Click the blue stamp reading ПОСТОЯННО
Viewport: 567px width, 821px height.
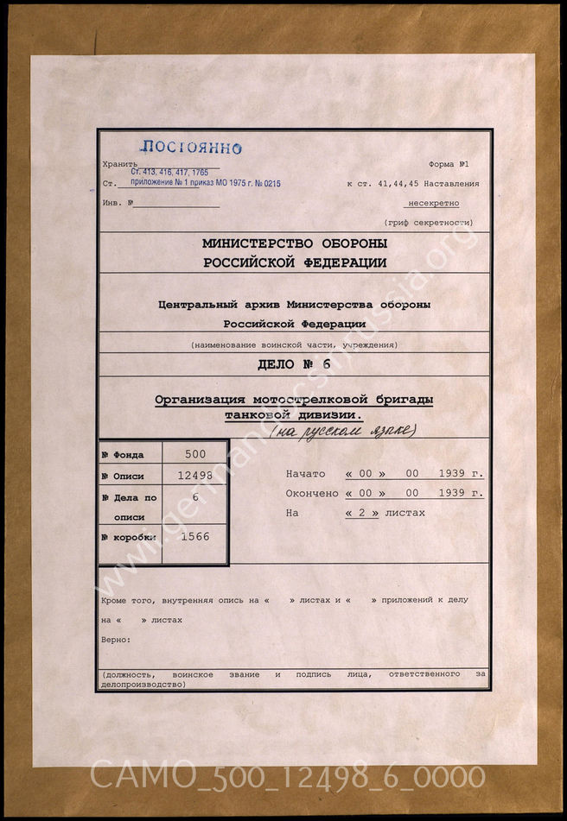(179, 148)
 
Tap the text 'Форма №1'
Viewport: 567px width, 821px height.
(448, 164)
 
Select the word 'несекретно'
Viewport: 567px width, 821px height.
(431, 203)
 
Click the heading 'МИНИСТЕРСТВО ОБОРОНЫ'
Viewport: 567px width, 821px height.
(294, 244)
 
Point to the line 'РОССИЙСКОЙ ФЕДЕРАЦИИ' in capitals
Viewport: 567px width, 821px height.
(294, 263)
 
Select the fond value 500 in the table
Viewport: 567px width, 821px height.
(195, 454)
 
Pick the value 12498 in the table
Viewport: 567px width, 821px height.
(195, 476)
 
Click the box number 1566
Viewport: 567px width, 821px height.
(195, 536)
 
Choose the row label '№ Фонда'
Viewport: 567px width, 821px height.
(123, 455)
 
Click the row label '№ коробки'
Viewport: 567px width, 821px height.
(127, 537)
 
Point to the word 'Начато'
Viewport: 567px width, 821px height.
(305, 474)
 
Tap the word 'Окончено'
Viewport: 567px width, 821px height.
(312, 493)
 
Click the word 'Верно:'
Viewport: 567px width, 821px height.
(115, 640)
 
